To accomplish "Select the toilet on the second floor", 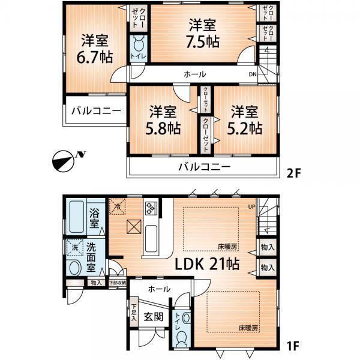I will (x=137, y=48).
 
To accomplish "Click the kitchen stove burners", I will (x=149, y=208).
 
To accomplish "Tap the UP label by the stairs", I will (x=252, y=208).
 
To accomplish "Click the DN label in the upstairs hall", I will (x=253, y=75).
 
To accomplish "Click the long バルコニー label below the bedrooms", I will (x=203, y=167).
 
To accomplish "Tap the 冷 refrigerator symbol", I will (x=118, y=206).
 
